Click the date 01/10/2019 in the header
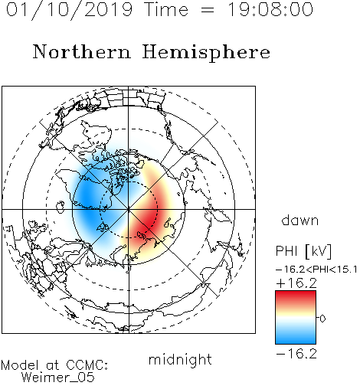coord(69,9)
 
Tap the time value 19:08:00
coord(270,9)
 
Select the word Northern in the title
coord(82,51)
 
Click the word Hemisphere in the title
coord(206,52)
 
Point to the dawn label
coord(300,221)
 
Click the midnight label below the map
coord(180,360)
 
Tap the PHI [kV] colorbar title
coord(303,251)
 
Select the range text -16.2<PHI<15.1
coord(316,270)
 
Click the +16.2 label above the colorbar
coord(296,283)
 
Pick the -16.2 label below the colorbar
coord(296,354)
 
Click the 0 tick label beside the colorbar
coord(322,319)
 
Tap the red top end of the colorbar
coord(296,294)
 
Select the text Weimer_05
coord(58,377)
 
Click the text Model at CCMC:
coord(54,365)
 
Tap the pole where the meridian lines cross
coord(129,209)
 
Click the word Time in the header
coord(166,9)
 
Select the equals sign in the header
coord(208,10)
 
